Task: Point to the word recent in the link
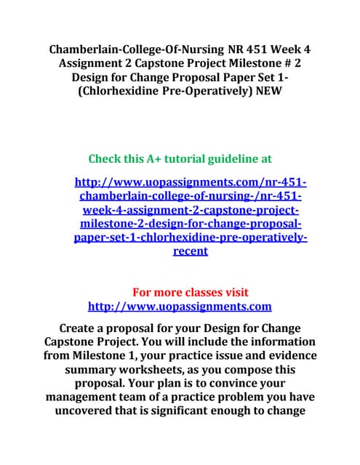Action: (x=191, y=251)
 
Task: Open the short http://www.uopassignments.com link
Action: (x=180, y=307)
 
